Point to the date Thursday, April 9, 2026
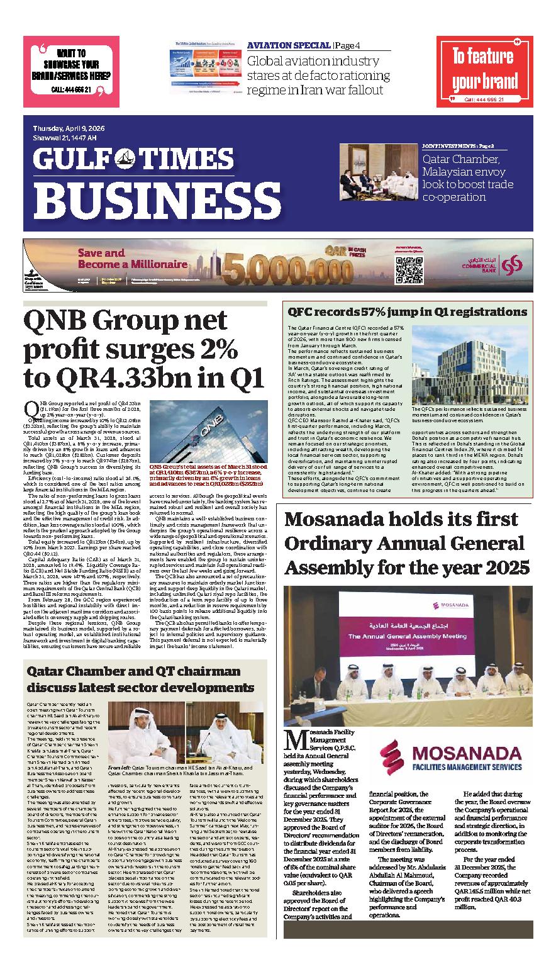click(70, 128)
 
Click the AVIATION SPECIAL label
click(289, 45)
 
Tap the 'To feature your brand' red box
click(484, 71)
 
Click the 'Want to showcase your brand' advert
click(71, 71)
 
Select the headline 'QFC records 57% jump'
click(407, 311)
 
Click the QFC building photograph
click(469, 364)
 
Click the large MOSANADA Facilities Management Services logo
click(452, 754)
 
